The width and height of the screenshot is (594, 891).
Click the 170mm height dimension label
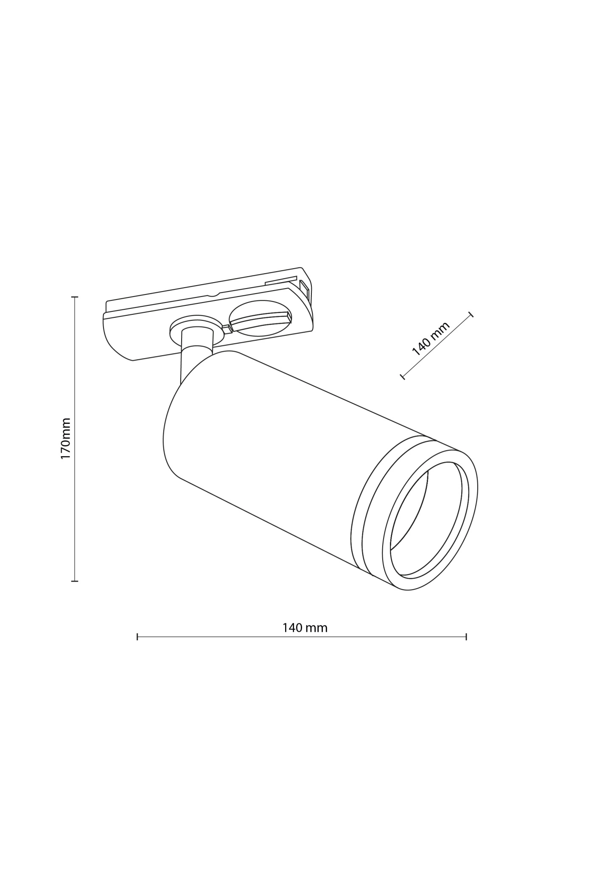click(65, 438)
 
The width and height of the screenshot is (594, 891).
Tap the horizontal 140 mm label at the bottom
click(305, 628)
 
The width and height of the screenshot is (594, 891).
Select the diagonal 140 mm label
click(431, 338)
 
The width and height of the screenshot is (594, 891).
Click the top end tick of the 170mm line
click(74, 297)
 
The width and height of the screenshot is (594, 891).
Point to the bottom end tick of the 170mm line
click(74, 581)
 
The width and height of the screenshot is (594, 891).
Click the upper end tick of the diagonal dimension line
click(471, 314)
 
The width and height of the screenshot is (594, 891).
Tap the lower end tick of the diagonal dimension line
click(402, 376)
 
